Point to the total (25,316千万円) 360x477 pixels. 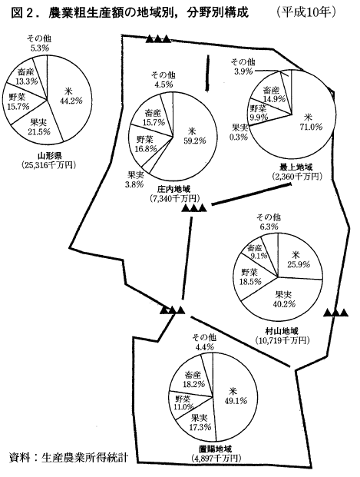(48, 165)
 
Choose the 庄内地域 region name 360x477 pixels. (174, 189)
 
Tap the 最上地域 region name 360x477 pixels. (296, 167)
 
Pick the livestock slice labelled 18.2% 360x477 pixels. (192, 379)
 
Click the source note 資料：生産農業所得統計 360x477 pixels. (68, 457)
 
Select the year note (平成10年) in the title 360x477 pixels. (305, 12)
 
